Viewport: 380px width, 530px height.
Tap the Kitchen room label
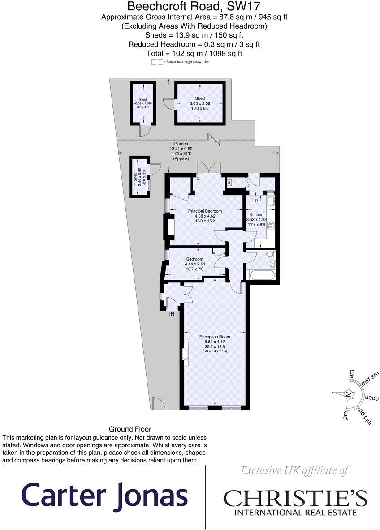(x=257, y=215)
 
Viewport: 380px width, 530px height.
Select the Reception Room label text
(x=215, y=337)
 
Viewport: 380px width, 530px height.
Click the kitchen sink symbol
(x=271, y=201)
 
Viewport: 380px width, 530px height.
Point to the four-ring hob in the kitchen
(x=271, y=226)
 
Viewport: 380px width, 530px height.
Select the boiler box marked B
(x=229, y=183)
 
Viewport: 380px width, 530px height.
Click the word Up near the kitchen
(x=255, y=200)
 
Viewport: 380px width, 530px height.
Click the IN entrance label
(x=171, y=314)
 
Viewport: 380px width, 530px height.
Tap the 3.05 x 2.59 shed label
(x=200, y=103)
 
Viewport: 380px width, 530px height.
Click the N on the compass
(x=347, y=394)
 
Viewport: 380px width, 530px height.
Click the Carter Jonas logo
(x=104, y=495)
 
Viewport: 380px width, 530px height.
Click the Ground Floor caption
(x=130, y=429)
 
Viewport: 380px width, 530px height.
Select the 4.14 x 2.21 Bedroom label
(x=194, y=262)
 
